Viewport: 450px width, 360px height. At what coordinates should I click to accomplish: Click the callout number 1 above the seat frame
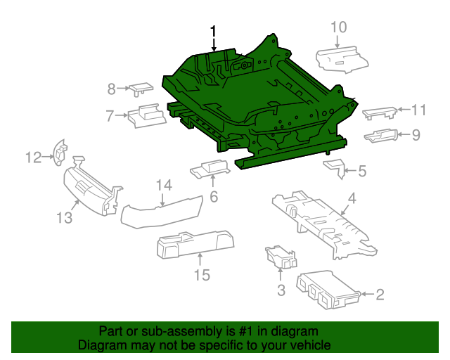(213, 32)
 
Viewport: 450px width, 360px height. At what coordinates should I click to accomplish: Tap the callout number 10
(339, 27)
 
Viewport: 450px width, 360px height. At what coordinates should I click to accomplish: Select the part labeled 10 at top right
(340, 60)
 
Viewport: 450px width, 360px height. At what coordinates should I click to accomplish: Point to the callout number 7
(110, 115)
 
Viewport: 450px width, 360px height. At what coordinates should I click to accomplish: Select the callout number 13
(65, 218)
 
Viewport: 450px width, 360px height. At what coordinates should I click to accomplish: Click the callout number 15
(202, 275)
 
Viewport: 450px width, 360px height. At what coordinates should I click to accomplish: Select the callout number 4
(352, 199)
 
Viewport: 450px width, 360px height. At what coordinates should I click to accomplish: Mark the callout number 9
(416, 134)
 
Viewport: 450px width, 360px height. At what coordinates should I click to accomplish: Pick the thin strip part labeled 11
(379, 112)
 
